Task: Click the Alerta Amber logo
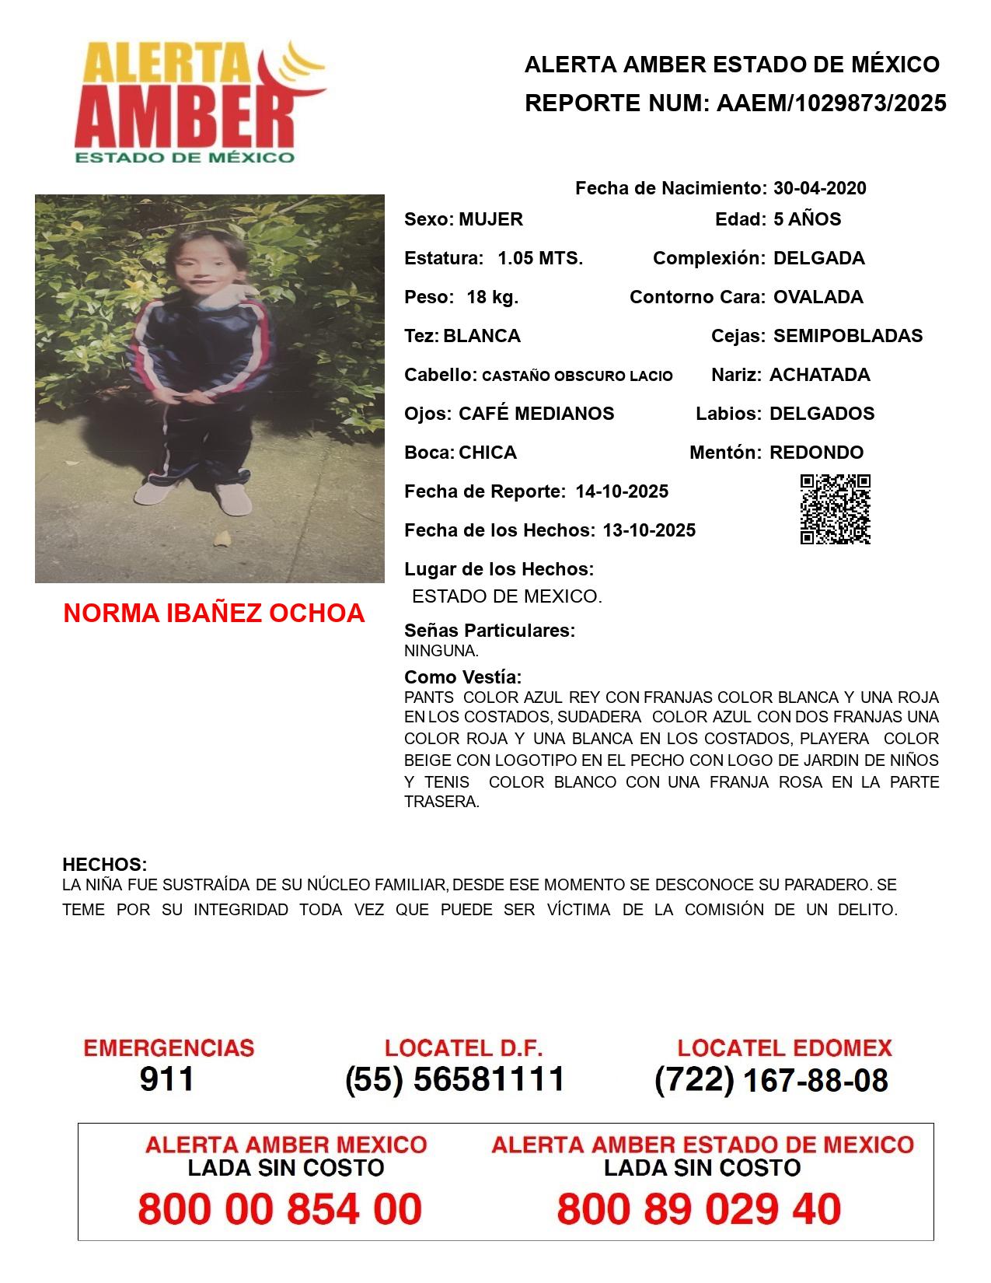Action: [x=198, y=102]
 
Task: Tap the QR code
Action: [x=835, y=509]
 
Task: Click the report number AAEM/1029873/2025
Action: [x=831, y=103]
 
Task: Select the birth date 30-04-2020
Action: [x=819, y=188]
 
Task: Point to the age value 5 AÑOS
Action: [x=807, y=219]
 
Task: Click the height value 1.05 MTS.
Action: [x=540, y=258]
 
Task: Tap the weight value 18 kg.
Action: [x=492, y=297]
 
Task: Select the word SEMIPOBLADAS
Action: [x=847, y=336]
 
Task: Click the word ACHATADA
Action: [x=819, y=375]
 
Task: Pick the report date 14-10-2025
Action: [x=622, y=491]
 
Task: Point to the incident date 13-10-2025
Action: [x=649, y=530]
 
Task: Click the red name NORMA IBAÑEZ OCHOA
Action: [x=214, y=613]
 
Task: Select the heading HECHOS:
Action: [x=104, y=865]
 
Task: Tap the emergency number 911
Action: [x=166, y=1079]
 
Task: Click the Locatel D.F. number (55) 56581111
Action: [x=455, y=1079]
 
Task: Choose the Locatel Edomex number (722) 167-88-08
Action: [x=771, y=1080]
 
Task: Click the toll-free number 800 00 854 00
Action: [x=280, y=1209]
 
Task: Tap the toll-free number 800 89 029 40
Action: [x=699, y=1209]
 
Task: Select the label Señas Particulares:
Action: [x=490, y=631]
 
